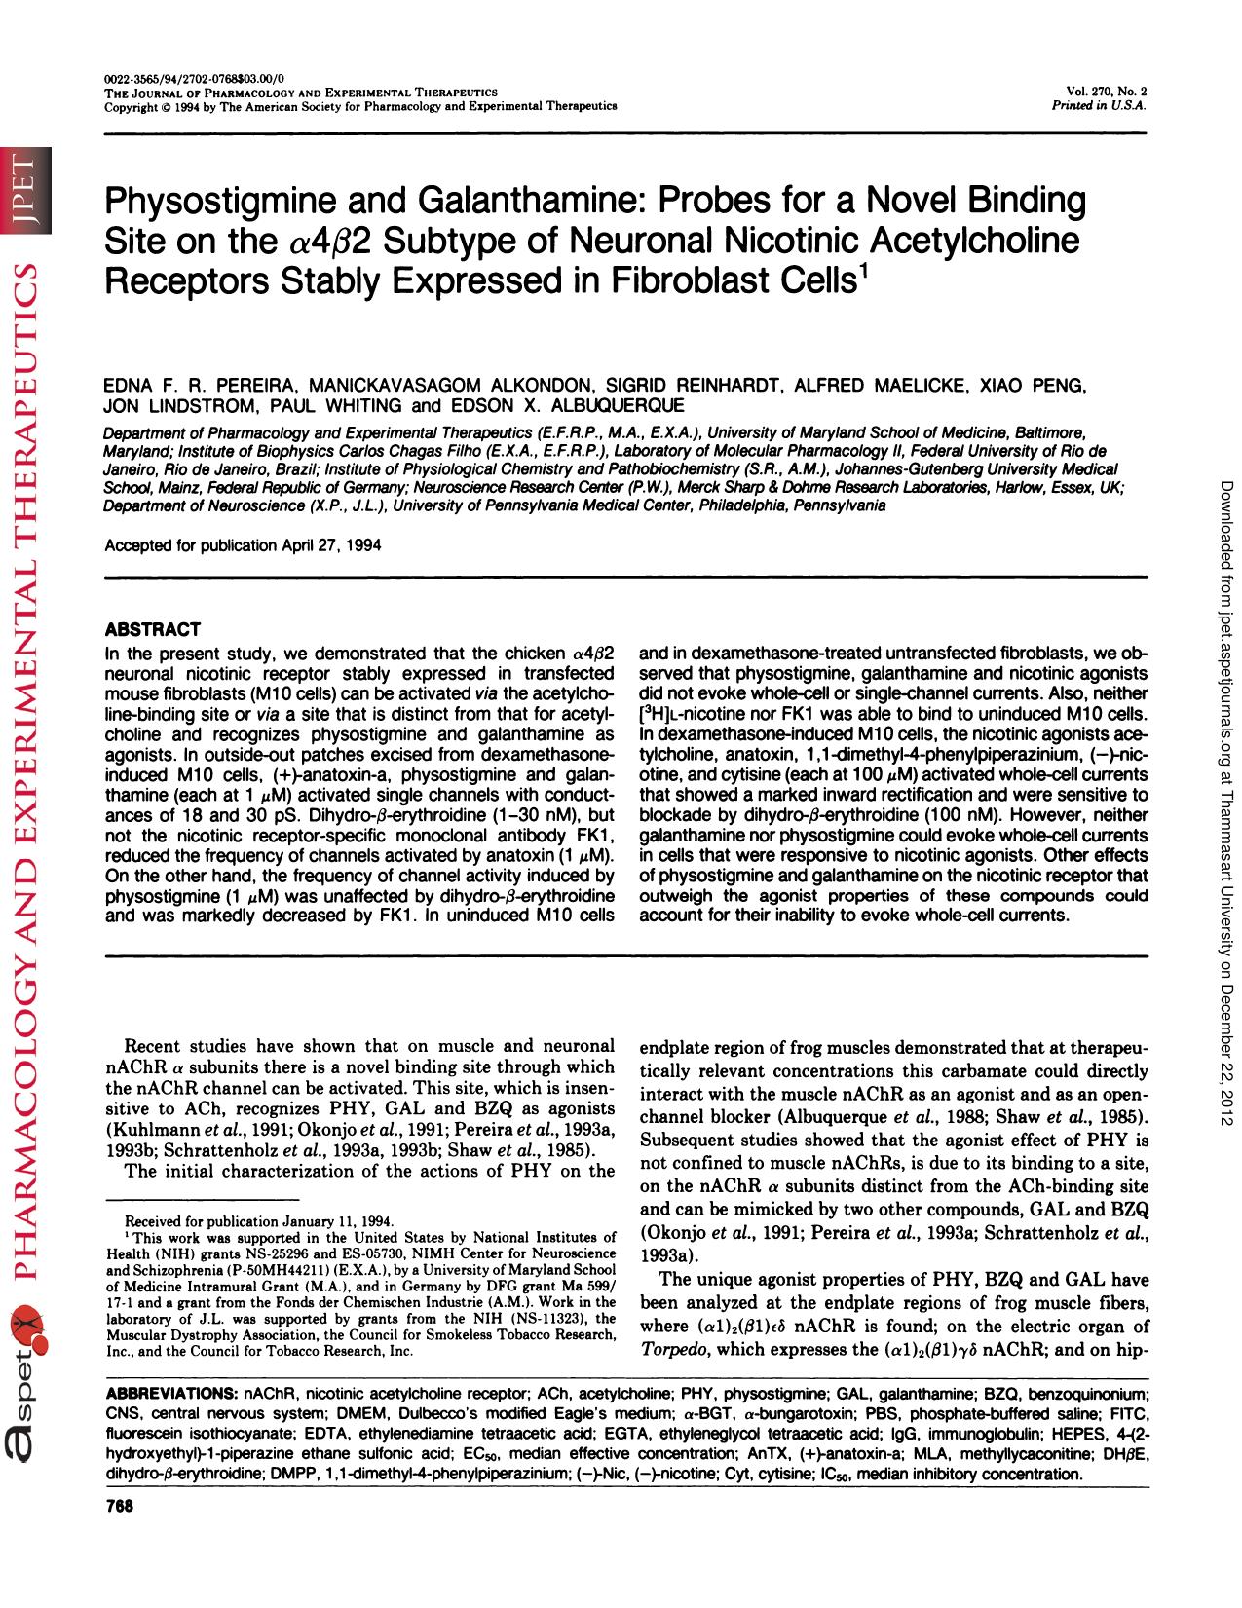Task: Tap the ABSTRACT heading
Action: coord(152,629)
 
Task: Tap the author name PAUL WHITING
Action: coord(336,404)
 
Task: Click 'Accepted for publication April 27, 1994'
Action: coord(243,545)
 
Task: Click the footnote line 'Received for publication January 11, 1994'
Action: coord(259,1220)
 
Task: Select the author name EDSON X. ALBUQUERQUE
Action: coord(565,404)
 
